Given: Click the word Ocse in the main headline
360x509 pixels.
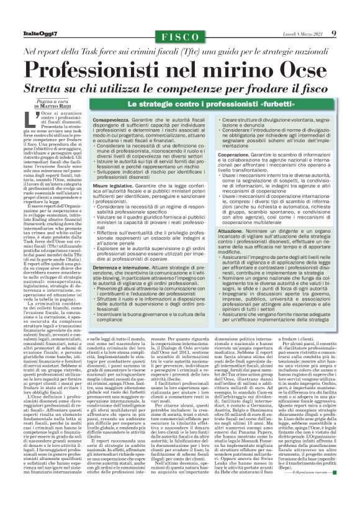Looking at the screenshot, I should coord(299,65).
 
